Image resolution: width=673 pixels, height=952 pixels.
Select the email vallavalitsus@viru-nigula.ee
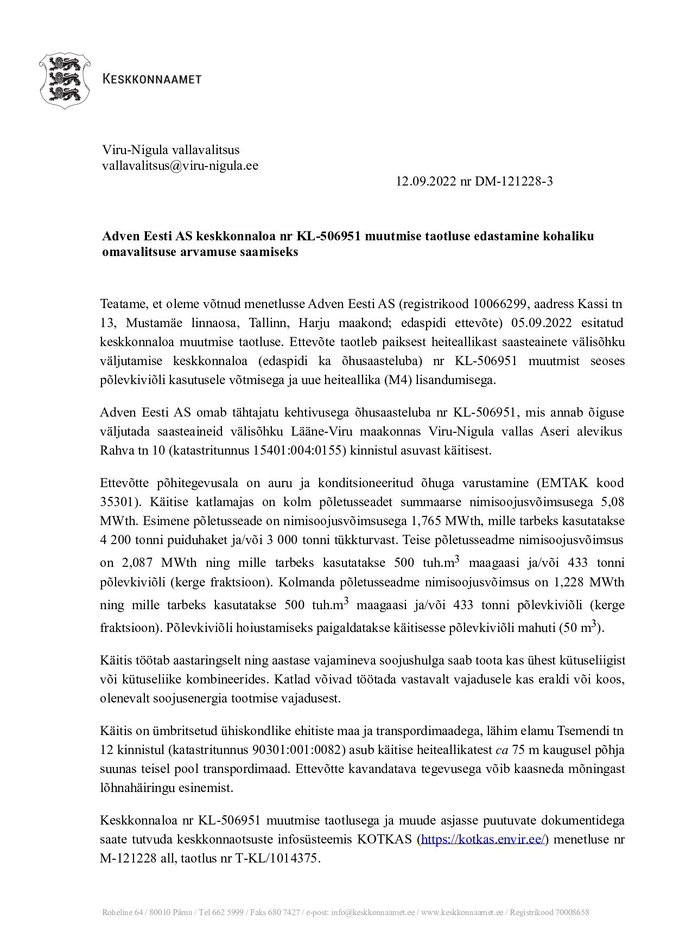(180, 166)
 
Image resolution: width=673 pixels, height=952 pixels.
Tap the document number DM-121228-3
(514, 182)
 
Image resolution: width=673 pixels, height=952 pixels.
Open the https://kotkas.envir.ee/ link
(482, 840)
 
